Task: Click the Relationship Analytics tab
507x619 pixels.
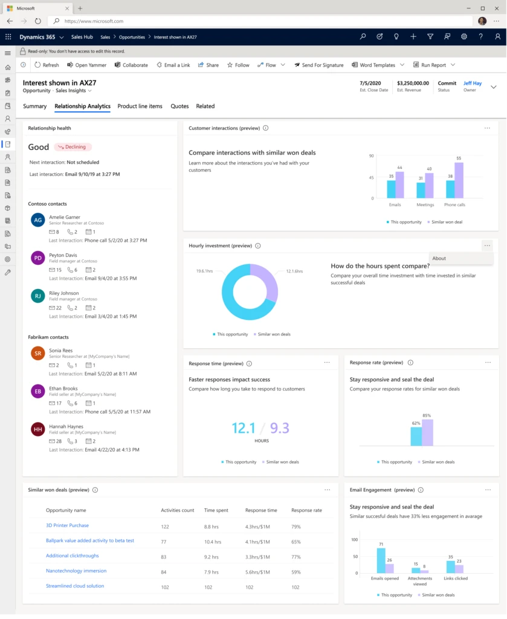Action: pyautogui.click(x=82, y=106)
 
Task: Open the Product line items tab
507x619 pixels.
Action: pyautogui.click(x=140, y=106)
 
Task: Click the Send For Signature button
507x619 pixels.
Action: pyautogui.click(x=318, y=65)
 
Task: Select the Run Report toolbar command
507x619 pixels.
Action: pyautogui.click(x=433, y=65)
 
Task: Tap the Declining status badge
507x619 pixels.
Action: pyautogui.click(x=73, y=147)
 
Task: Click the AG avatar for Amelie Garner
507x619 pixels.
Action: pyautogui.click(x=38, y=221)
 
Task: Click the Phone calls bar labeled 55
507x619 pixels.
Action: pyautogui.click(x=459, y=180)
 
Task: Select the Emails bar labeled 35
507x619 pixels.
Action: pyautogui.click(x=392, y=189)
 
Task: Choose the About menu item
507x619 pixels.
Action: pyautogui.click(x=439, y=258)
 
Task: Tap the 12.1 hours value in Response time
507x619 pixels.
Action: pyautogui.click(x=244, y=429)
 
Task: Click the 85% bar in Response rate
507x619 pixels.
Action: pyautogui.click(x=427, y=432)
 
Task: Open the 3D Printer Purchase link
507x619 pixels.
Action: pyautogui.click(x=67, y=525)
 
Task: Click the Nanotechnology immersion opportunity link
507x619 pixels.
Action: pyautogui.click(x=76, y=571)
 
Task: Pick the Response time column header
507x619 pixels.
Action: pyautogui.click(x=261, y=510)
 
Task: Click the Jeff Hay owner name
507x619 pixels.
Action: pyautogui.click(x=473, y=83)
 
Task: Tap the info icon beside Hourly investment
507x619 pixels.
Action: pyautogui.click(x=258, y=246)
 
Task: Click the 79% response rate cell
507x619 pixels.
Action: pyautogui.click(x=296, y=526)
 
